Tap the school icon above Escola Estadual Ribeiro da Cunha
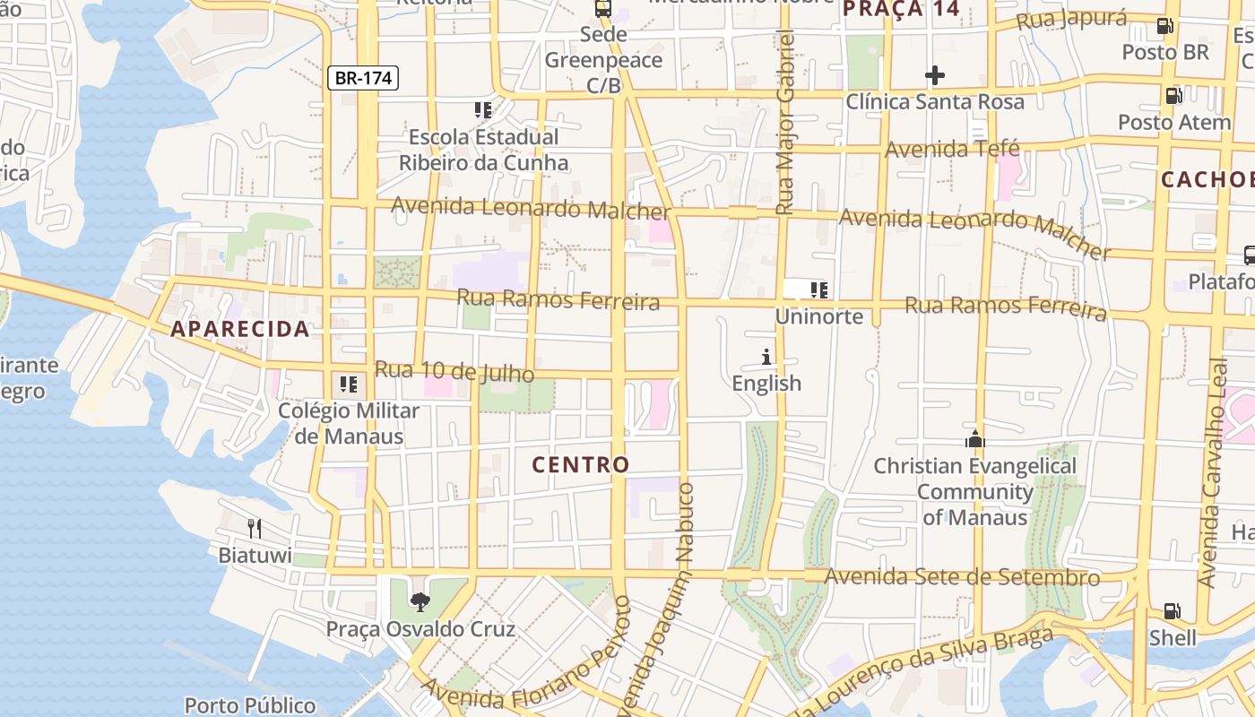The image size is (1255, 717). pyautogui.click(x=483, y=110)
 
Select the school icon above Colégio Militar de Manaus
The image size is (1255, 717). pyautogui.click(x=349, y=384)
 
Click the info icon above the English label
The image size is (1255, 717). pyautogui.click(x=766, y=358)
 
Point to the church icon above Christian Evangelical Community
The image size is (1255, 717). pyautogui.click(x=974, y=439)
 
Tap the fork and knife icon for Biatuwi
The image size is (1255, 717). pyautogui.click(x=255, y=529)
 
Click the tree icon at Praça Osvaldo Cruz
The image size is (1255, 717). pyautogui.click(x=419, y=601)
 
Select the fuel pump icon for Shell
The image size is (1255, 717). pyautogui.click(x=1173, y=611)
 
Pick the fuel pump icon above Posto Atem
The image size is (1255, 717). pyautogui.click(x=1173, y=96)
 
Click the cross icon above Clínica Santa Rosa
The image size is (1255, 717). pyautogui.click(x=934, y=75)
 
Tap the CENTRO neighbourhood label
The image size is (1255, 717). pyautogui.click(x=581, y=464)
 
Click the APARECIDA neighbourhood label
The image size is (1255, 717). pyautogui.click(x=240, y=329)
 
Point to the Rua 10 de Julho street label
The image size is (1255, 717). pyautogui.click(x=454, y=371)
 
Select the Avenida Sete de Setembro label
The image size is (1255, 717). pyautogui.click(x=962, y=576)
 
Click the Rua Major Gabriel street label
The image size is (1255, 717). pyautogui.click(x=785, y=122)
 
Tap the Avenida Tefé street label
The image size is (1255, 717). pyautogui.click(x=952, y=149)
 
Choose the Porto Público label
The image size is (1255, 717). pyautogui.click(x=250, y=705)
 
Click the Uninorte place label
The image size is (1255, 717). pyautogui.click(x=819, y=316)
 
